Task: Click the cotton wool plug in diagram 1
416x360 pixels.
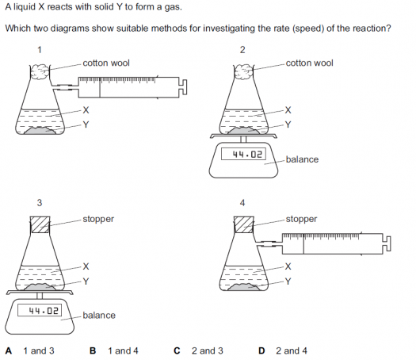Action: pyautogui.click(x=40, y=71)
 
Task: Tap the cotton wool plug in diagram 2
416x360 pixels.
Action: pyautogui.click(x=243, y=71)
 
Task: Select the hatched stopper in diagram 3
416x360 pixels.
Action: pyautogui.click(x=40, y=224)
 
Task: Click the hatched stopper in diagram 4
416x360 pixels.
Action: pyautogui.click(x=244, y=224)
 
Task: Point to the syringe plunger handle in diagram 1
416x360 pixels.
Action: pyautogui.click(x=183, y=87)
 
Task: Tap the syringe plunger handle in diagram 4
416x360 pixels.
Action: pyautogui.click(x=387, y=243)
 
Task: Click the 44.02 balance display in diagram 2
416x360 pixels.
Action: pyautogui.click(x=243, y=155)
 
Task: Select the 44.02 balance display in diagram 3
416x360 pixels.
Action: pyautogui.click(x=40, y=310)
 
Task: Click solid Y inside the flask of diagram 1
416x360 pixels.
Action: pyautogui.click(x=40, y=131)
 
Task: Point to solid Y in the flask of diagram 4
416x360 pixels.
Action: pyautogui.click(x=244, y=287)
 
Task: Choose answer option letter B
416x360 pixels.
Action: pyautogui.click(x=93, y=350)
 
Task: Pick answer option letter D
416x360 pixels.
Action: pyautogui.click(x=261, y=350)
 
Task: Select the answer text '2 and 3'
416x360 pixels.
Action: pyautogui.click(x=208, y=350)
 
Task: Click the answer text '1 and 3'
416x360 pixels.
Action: pyautogui.click(x=39, y=350)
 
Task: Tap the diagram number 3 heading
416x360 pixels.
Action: pyautogui.click(x=40, y=203)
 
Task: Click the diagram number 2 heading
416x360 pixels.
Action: pyautogui.click(x=242, y=50)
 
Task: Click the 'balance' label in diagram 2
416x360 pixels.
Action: pyautogui.click(x=302, y=159)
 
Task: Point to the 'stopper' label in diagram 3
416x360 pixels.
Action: pyautogui.click(x=98, y=220)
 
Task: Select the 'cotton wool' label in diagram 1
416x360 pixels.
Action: pyautogui.click(x=106, y=63)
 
